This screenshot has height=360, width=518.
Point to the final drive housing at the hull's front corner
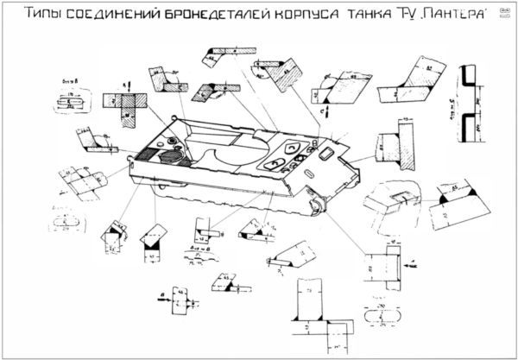[x=317, y=204]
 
